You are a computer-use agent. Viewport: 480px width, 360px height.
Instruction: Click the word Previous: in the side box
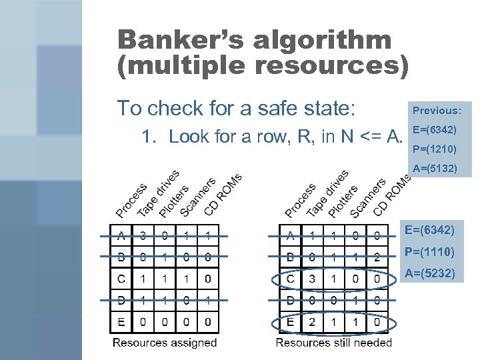[x=441, y=111]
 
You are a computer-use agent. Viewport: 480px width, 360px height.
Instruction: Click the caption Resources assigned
[x=165, y=343]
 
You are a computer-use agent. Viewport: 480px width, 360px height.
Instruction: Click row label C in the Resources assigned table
[x=121, y=279]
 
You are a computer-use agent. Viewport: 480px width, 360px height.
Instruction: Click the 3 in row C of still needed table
[x=311, y=279]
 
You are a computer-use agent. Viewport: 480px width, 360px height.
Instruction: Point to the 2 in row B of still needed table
[x=377, y=257]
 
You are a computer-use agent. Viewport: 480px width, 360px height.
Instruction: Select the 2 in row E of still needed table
[x=311, y=323]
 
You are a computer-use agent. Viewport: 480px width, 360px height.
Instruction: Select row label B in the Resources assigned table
[x=121, y=257]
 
